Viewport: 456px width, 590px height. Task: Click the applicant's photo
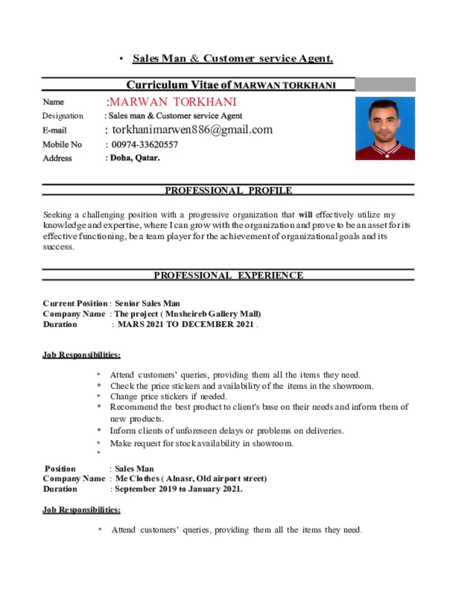(x=385, y=128)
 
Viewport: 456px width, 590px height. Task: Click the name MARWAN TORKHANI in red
(x=173, y=102)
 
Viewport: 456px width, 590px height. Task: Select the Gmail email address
(x=192, y=130)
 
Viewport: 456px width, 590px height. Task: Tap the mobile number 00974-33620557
(x=145, y=145)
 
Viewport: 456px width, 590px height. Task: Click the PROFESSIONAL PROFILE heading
(x=228, y=191)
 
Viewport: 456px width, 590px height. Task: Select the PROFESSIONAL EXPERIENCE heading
(x=228, y=275)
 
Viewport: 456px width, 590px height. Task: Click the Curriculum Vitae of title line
(x=231, y=85)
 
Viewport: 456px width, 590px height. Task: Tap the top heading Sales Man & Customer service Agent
(x=232, y=58)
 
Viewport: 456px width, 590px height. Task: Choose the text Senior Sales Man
(x=148, y=303)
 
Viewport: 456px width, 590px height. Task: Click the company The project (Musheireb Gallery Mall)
(x=188, y=314)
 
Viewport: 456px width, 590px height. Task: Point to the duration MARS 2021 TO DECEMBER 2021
(x=186, y=324)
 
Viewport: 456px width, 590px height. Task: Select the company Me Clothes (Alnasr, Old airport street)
(x=191, y=478)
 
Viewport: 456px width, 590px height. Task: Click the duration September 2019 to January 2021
(x=178, y=489)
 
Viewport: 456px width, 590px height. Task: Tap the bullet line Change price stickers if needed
(x=168, y=396)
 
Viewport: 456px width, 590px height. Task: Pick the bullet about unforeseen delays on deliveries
(x=227, y=430)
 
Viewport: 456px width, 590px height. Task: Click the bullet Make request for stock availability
(x=202, y=443)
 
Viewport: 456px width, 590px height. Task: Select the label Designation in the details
(x=63, y=116)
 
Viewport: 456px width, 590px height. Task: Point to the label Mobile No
(x=62, y=145)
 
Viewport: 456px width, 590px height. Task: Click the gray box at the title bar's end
(x=385, y=85)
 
